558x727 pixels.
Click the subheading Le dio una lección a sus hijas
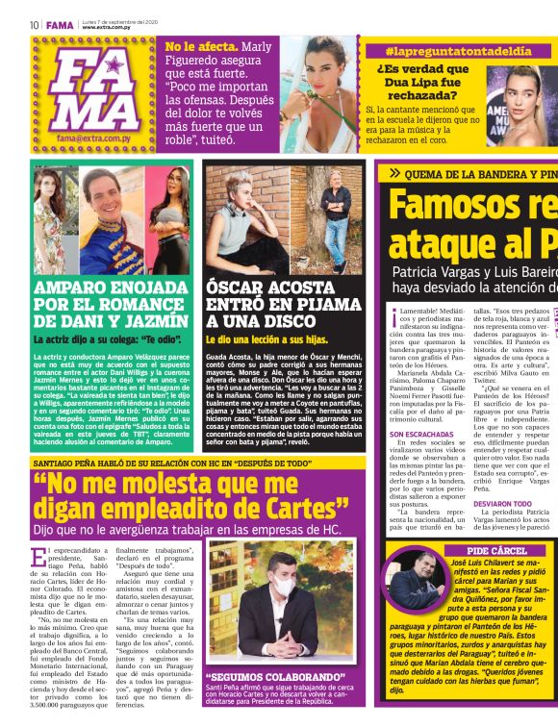(x=267, y=339)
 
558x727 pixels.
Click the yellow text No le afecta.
(x=200, y=45)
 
